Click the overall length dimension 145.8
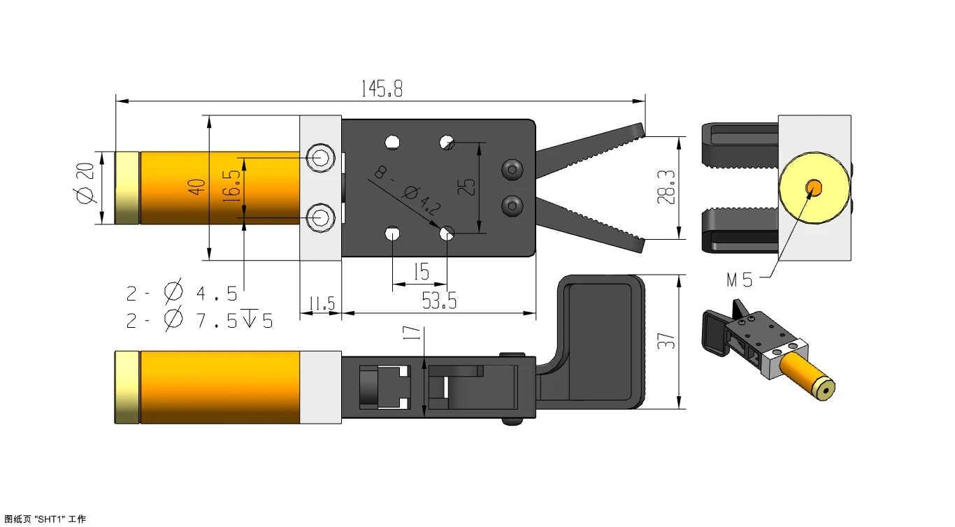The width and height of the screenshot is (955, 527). point(382,89)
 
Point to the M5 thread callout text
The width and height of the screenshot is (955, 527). point(740,281)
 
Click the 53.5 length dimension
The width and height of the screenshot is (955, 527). point(439,301)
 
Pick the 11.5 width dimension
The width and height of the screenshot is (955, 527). point(322,303)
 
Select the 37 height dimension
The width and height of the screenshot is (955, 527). point(668,341)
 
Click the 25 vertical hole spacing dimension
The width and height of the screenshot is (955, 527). point(469,187)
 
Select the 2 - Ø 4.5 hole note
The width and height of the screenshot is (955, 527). point(182,291)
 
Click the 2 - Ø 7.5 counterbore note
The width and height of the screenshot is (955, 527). point(199,321)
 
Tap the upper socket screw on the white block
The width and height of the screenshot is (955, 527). point(320,157)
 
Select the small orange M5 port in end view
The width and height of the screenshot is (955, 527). point(814,187)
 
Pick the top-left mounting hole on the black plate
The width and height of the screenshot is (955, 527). point(393,142)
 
